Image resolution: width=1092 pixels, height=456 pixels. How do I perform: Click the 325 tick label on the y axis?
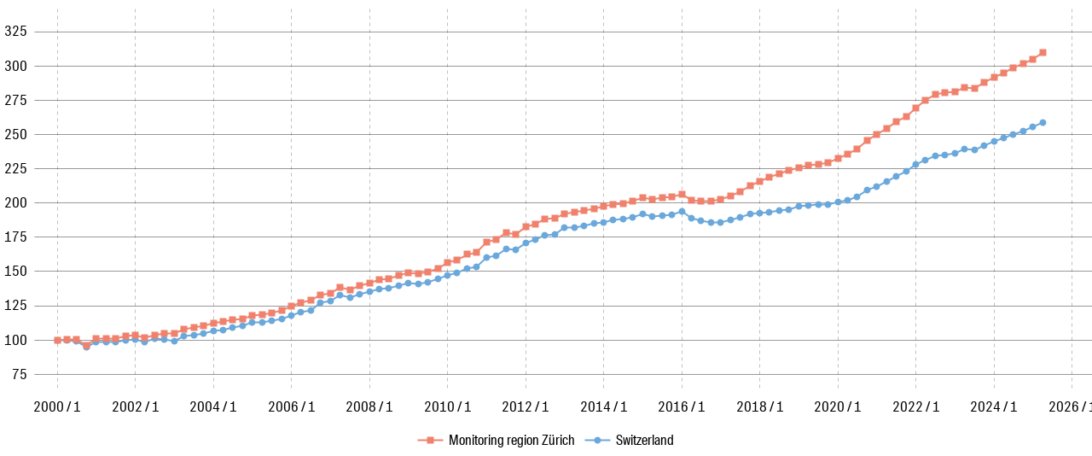pos(15,32)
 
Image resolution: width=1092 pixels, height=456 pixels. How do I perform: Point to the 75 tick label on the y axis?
pos(19,374)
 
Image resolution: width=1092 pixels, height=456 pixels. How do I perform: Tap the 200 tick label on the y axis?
pos(15,202)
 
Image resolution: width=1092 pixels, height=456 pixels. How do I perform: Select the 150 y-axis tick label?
pos(15,271)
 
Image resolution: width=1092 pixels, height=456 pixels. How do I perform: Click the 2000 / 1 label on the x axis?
pos(57,407)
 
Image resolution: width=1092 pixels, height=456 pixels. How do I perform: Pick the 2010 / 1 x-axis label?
pos(447,407)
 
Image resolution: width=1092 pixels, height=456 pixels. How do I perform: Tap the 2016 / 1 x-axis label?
pos(682,407)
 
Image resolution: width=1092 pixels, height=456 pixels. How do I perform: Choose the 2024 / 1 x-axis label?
pos(993,407)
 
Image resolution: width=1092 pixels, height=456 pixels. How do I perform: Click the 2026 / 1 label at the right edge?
pos(1071,407)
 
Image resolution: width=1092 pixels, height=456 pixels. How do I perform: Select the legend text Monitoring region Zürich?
pos(511,441)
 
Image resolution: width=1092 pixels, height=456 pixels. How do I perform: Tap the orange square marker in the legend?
pos(431,441)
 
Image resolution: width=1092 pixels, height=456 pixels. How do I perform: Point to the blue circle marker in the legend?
pos(598,441)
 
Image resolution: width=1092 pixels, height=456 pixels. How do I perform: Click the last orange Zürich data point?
pos(1043,52)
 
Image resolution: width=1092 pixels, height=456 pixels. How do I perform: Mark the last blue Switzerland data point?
pos(1043,122)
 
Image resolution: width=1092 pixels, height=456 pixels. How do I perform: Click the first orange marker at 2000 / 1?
pos(57,340)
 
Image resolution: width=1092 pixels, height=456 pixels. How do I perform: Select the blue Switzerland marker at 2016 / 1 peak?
pos(682,211)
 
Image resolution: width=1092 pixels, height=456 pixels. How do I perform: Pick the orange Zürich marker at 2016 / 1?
pos(682,195)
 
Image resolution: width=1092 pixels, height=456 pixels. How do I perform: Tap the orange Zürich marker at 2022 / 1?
pos(915,108)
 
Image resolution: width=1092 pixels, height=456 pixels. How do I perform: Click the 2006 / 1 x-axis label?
pos(291,407)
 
